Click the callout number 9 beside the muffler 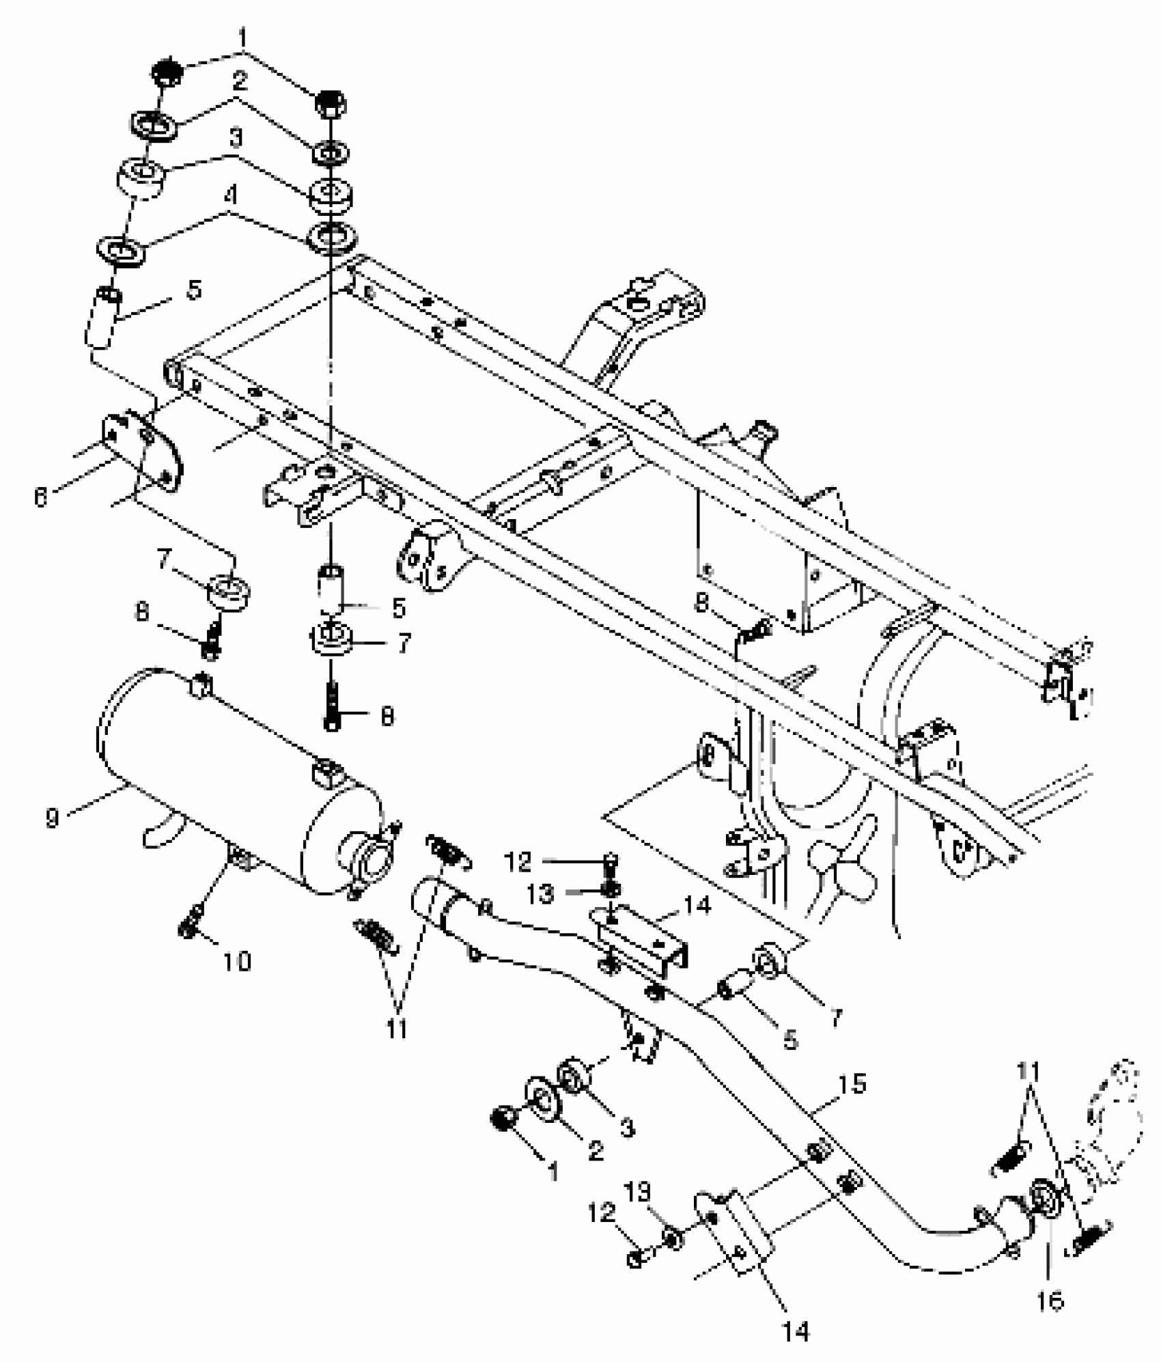(x=53, y=818)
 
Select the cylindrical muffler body (x=225, y=779)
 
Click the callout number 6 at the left (x=41, y=498)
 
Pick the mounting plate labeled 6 (x=143, y=451)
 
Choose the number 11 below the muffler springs (x=396, y=1029)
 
